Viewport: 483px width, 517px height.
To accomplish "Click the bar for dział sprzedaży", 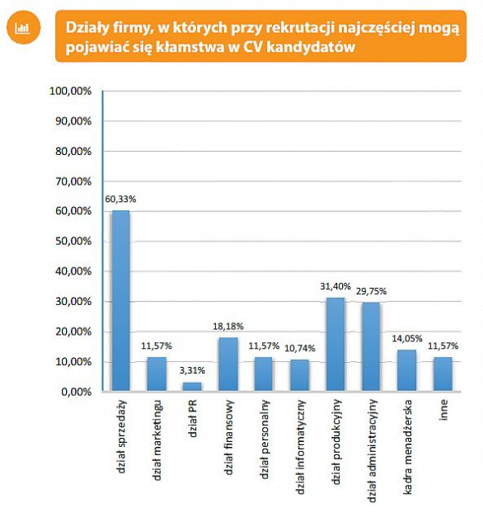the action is coord(120,301).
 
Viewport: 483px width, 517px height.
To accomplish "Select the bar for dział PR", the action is coord(192,387).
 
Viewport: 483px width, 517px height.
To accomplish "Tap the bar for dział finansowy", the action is coord(228,364).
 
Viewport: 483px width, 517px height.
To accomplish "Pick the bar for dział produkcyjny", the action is coord(335,345).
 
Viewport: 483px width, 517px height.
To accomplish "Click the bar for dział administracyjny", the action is coord(371,347).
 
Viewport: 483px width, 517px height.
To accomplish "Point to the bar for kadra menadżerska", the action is coord(407,370).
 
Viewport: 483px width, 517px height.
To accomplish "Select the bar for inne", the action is coord(443,374).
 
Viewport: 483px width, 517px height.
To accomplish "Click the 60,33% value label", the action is coord(120,200).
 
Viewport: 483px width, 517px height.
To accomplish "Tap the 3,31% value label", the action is coord(192,370).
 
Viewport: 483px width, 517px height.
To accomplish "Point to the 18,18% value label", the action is coord(228,327).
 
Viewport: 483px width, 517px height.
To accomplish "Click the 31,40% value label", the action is coord(335,286).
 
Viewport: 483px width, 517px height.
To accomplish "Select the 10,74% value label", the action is coord(300,348).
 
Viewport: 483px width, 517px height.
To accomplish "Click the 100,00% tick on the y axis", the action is coord(71,91).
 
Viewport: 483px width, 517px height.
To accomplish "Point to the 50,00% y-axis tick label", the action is coord(73,242).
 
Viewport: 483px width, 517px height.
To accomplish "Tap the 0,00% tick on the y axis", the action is coord(77,392).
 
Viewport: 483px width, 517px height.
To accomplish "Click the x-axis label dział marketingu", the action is coord(157,440).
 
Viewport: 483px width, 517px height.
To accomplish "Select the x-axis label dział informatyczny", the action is coord(300,447).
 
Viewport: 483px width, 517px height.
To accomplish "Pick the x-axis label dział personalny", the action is coord(264,439).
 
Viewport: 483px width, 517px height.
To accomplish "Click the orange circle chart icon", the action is coord(23,27).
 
